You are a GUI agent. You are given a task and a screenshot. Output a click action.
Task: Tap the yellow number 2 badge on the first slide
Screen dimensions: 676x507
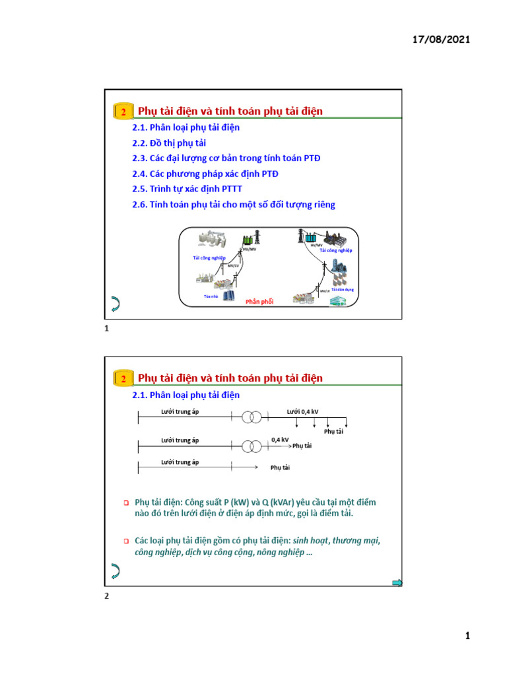pos(123,112)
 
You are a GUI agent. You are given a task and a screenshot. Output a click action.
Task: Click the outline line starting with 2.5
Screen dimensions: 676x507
pos(187,189)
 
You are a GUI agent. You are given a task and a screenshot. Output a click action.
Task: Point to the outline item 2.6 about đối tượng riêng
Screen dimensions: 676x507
pos(234,205)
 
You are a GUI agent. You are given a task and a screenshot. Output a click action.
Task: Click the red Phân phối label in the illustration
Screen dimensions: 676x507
pos(259,302)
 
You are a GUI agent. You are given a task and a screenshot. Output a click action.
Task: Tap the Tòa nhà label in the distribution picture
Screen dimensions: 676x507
pos(211,296)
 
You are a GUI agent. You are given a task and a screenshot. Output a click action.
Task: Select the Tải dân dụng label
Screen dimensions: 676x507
pos(343,289)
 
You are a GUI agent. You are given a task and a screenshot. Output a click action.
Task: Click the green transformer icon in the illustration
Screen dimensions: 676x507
pos(250,239)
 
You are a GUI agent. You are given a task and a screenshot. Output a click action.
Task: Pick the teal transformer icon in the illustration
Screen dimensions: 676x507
pos(305,236)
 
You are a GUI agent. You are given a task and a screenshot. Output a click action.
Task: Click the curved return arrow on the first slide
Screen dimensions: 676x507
pos(114,304)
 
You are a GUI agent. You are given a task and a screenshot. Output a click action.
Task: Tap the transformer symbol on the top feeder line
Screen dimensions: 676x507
pos(251,417)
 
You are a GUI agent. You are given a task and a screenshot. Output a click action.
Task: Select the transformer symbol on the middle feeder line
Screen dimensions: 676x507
pos(251,446)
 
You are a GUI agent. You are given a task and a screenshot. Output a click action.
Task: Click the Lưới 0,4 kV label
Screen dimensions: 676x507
pos(302,412)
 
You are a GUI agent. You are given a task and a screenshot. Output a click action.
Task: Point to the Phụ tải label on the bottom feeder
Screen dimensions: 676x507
pos(280,468)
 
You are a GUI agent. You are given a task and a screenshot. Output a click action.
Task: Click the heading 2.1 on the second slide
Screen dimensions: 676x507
pos(186,395)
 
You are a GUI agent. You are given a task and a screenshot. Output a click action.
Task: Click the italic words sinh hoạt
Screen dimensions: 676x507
pos(310,541)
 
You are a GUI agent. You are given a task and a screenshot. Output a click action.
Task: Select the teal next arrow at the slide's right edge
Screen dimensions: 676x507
pos(397,582)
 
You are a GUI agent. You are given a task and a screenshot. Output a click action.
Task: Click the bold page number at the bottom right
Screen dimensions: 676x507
pos(467,636)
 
